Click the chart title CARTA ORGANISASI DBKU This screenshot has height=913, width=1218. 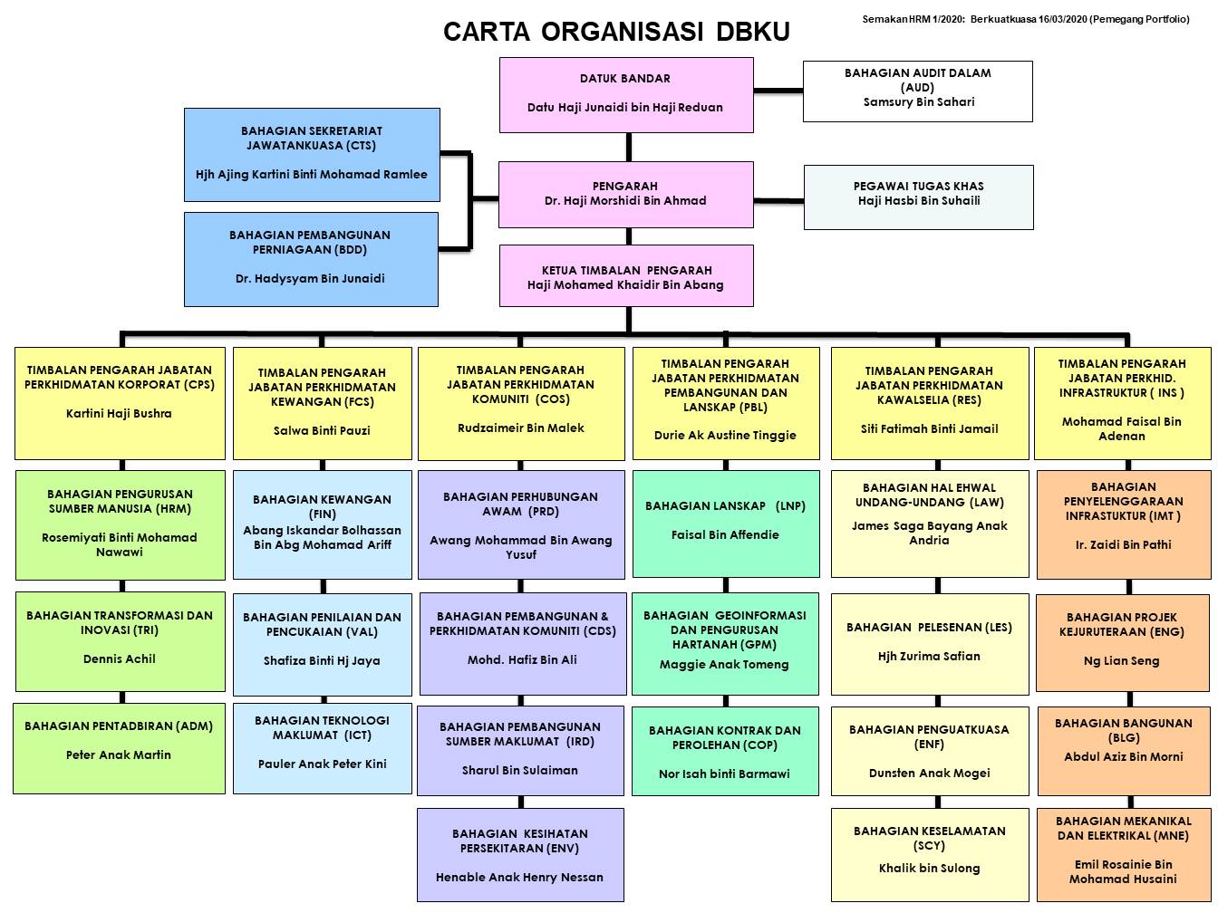point(616,32)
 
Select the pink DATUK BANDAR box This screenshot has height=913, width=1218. point(626,94)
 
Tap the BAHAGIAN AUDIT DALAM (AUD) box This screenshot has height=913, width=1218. point(918,91)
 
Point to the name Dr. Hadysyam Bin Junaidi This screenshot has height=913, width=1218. point(310,279)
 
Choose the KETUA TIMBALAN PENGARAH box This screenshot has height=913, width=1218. point(626,276)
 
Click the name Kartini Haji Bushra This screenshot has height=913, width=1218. point(119,414)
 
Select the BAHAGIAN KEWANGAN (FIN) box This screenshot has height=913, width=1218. point(322,524)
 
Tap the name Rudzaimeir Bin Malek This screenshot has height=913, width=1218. point(521,428)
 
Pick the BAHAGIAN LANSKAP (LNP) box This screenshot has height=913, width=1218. point(725,523)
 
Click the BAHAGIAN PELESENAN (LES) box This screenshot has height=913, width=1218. point(930,643)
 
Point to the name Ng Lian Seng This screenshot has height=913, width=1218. point(1121,661)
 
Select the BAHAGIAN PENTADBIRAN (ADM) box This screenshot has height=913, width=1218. point(119,748)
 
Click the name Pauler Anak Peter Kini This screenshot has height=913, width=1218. point(322,764)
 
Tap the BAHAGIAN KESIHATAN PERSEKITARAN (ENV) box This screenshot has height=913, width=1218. point(520,854)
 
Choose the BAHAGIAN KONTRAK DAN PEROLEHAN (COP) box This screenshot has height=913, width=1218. point(725,753)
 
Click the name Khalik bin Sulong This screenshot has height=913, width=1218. point(929,869)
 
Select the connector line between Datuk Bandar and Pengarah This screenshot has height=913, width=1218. point(626,147)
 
